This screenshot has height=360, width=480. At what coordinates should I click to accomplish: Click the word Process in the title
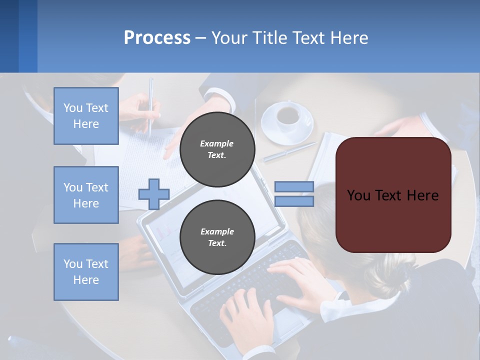[157, 38]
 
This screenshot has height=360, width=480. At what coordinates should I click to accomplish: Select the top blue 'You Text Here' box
[86, 116]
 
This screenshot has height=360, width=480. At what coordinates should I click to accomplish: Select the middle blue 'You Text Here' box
[86, 195]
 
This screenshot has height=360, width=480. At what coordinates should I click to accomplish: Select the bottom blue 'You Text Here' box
[86, 271]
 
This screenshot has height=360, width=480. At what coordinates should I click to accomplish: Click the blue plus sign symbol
[154, 194]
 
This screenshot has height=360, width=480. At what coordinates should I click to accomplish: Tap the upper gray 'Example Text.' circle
[217, 149]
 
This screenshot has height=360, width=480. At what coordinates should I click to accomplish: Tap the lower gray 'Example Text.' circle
[217, 237]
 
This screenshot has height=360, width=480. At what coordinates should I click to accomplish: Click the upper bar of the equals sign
[294, 186]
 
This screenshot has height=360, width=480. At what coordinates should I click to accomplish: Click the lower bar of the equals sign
[294, 201]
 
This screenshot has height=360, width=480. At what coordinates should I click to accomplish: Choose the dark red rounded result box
[393, 195]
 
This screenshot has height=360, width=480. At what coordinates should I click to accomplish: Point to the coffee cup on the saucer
[288, 115]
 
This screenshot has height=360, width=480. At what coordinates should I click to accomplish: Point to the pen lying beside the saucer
[290, 152]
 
